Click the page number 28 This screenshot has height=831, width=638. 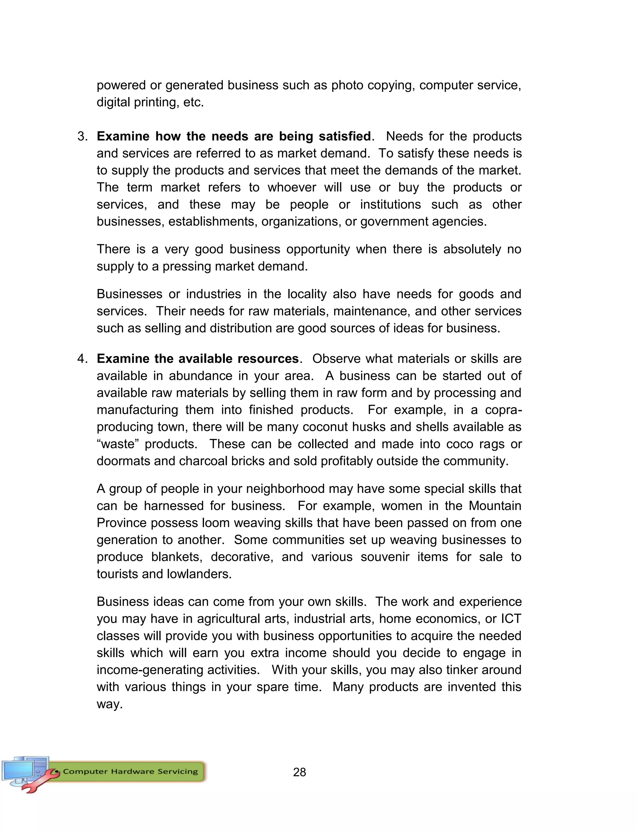299,772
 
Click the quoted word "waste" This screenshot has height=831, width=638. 118,444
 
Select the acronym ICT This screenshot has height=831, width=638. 511,619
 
